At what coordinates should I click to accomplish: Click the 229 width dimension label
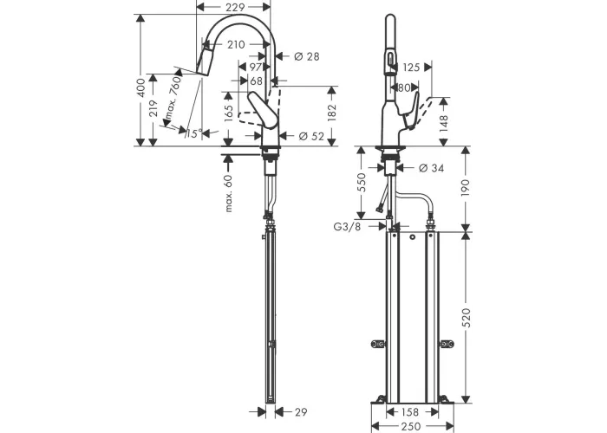[x=235, y=7]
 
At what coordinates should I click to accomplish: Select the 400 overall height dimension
[x=141, y=87]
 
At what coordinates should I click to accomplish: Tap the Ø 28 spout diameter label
[x=307, y=56]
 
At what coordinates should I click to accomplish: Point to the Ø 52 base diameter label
[x=311, y=136]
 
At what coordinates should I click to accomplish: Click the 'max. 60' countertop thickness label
[x=228, y=193]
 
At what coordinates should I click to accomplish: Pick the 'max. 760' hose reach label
[x=173, y=97]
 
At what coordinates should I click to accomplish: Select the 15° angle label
[x=194, y=133]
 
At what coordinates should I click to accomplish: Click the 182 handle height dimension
[x=332, y=113]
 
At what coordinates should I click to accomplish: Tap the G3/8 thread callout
[x=347, y=227]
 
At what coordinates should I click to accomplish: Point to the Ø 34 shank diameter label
[x=432, y=168]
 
